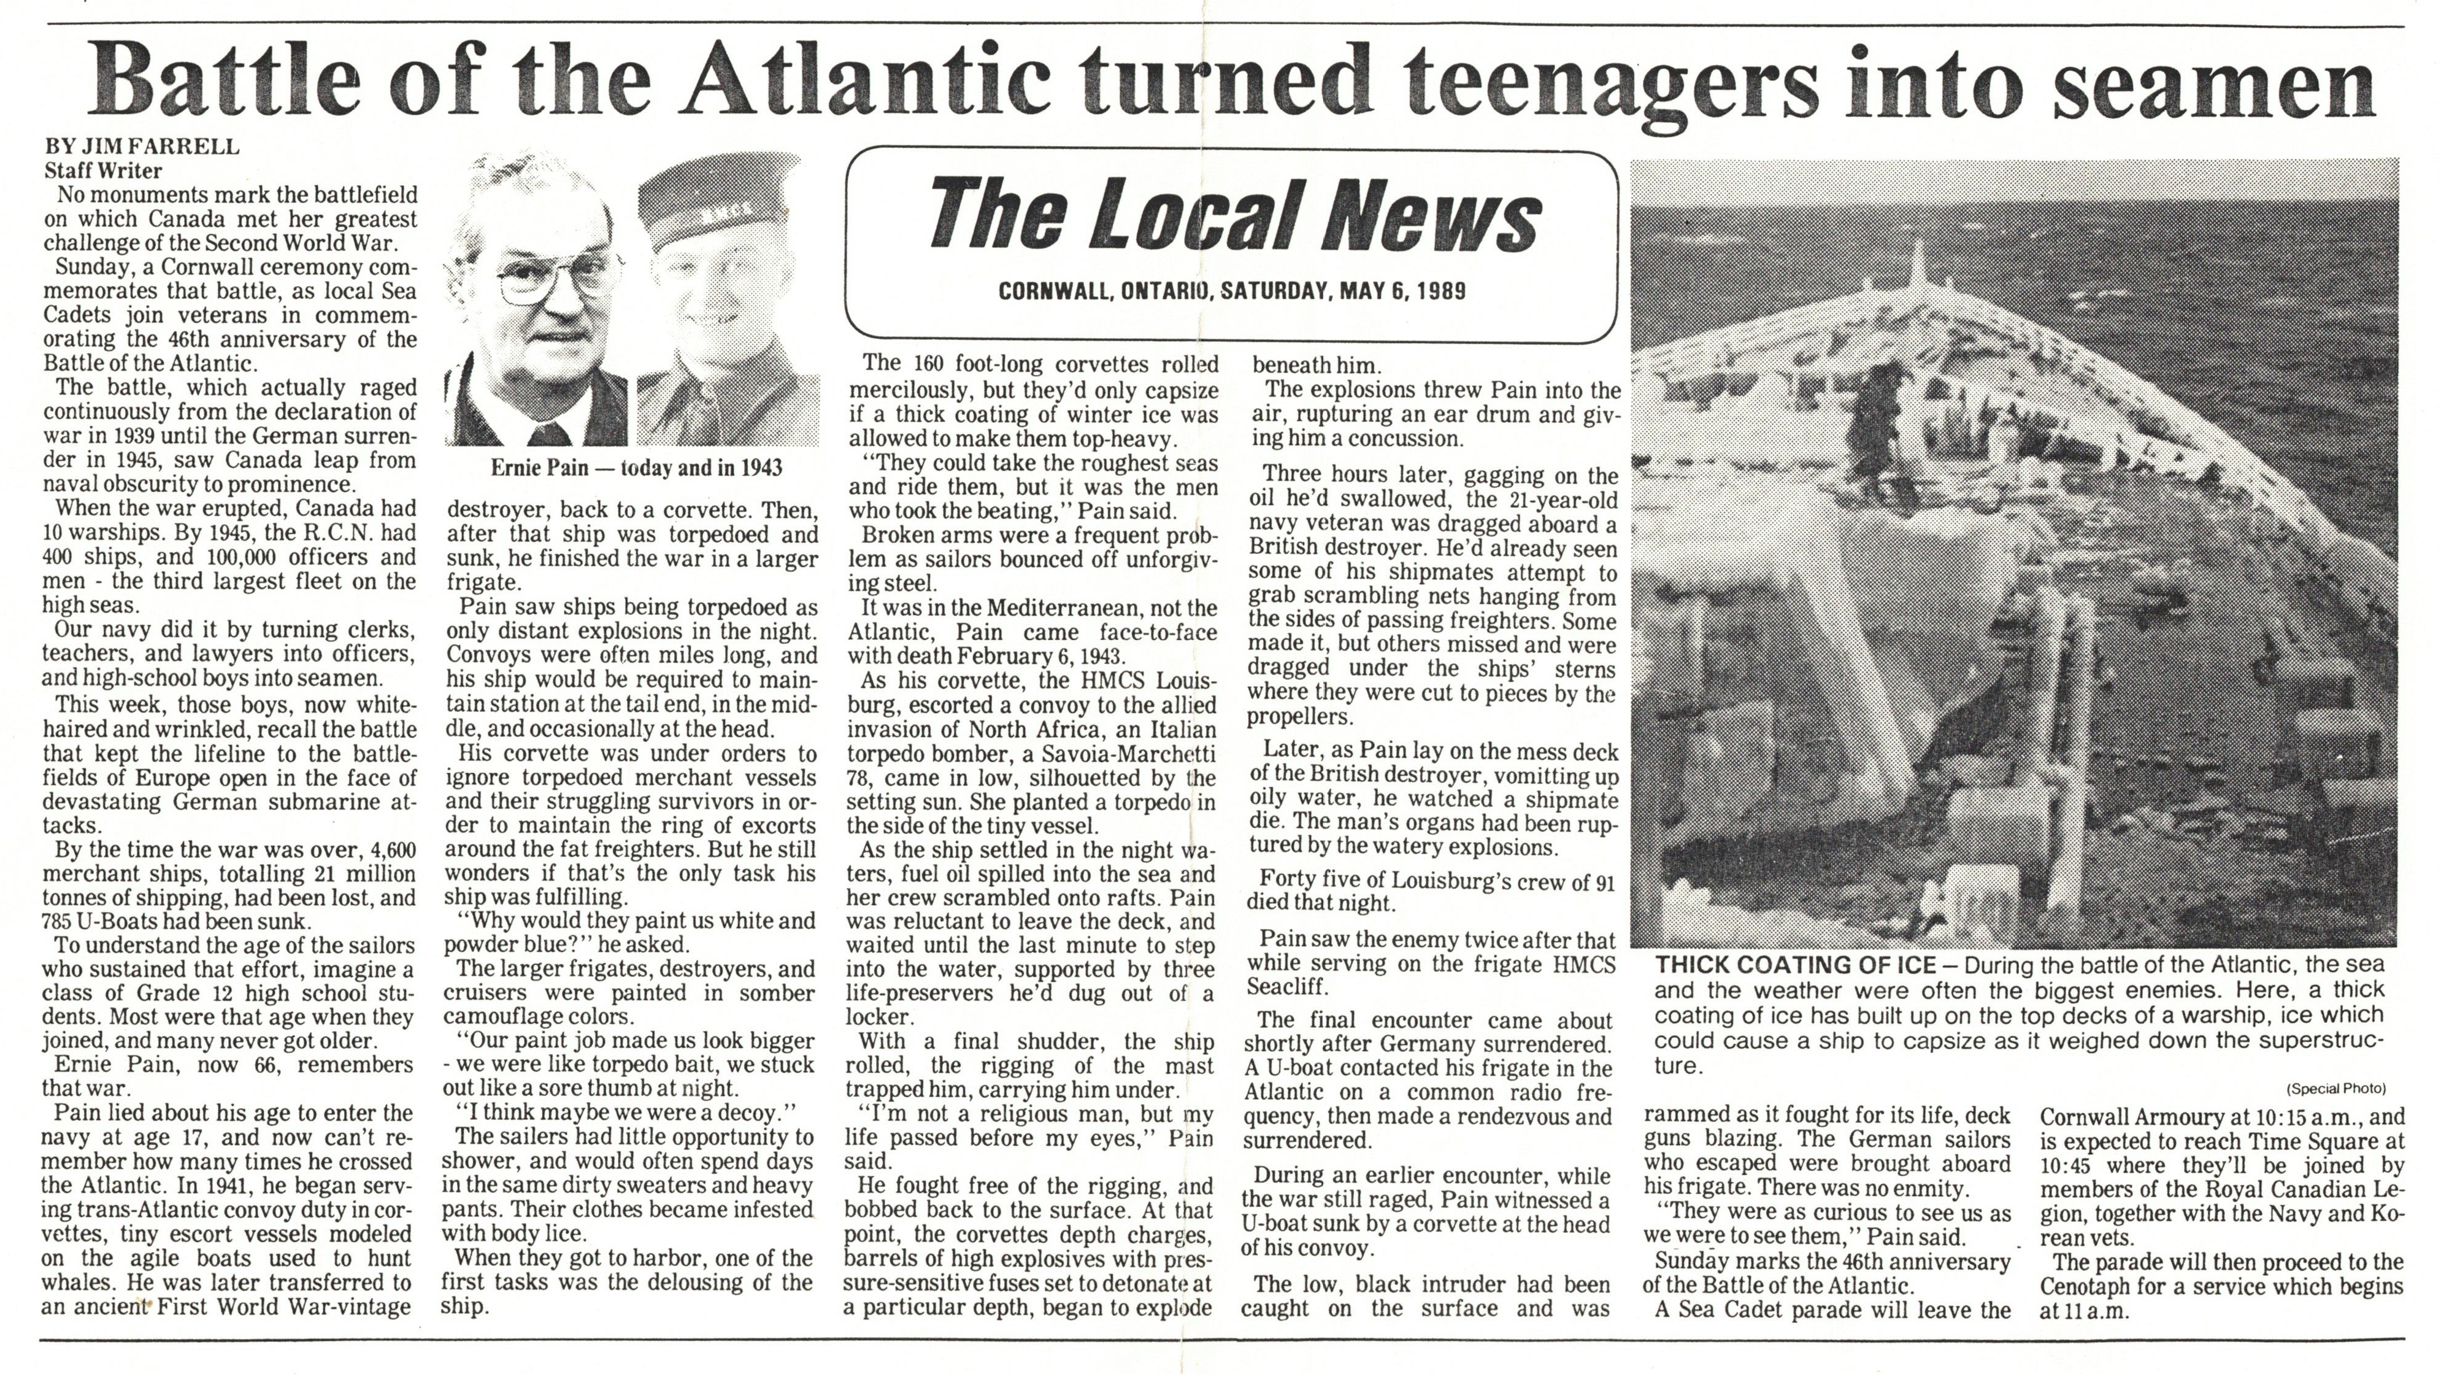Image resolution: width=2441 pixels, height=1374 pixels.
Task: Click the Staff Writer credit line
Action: (x=103, y=171)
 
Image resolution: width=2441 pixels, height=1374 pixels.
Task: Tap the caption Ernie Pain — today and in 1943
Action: (x=636, y=468)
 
